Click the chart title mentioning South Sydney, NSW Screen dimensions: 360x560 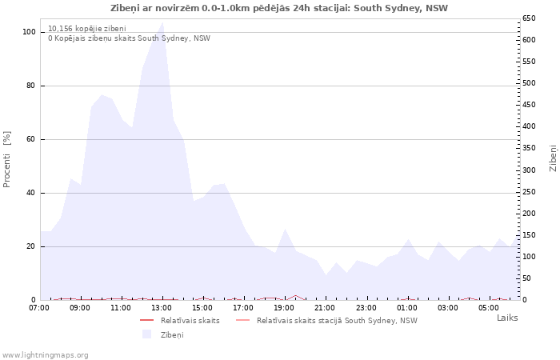point(279,8)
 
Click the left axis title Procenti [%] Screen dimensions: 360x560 point(7,159)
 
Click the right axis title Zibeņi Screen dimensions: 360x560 point(553,158)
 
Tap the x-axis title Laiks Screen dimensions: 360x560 point(507,318)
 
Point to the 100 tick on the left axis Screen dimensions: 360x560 point(29,32)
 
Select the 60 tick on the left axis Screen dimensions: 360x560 point(31,139)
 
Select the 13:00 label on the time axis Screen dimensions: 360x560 point(162,307)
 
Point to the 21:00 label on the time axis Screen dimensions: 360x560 point(325,307)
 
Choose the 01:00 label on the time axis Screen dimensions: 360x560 point(406,307)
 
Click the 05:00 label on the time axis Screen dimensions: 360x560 point(488,307)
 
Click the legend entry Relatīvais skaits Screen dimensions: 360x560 point(190,320)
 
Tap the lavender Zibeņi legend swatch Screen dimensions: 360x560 point(147,334)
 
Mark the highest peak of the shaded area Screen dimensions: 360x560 point(162,22)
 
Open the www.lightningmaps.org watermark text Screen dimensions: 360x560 point(46,354)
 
